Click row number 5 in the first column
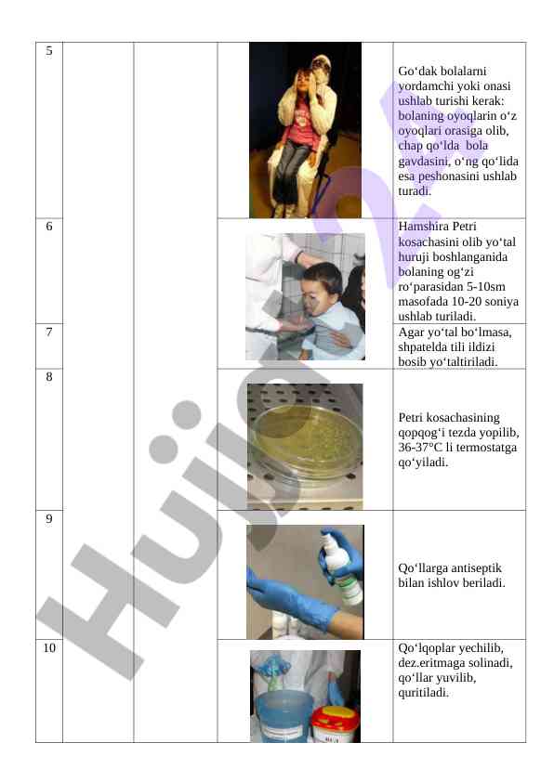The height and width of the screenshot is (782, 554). [x=49, y=51]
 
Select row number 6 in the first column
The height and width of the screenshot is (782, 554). [x=49, y=227]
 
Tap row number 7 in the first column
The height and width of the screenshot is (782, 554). [x=49, y=332]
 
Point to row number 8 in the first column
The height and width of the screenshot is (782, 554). [x=49, y=376]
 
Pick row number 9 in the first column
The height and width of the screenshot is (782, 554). [x=49, y=518]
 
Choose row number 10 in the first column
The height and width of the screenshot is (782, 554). [x=49, y=648]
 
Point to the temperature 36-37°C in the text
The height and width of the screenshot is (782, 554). [x=421, y=448]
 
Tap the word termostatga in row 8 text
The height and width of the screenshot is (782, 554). [x=486, y=448]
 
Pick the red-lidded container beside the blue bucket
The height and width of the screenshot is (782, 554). [x=336, y=723]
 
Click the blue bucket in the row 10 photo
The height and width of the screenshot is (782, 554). [x=283, y=716]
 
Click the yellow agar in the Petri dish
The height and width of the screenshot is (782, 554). [x=306, y=437]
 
